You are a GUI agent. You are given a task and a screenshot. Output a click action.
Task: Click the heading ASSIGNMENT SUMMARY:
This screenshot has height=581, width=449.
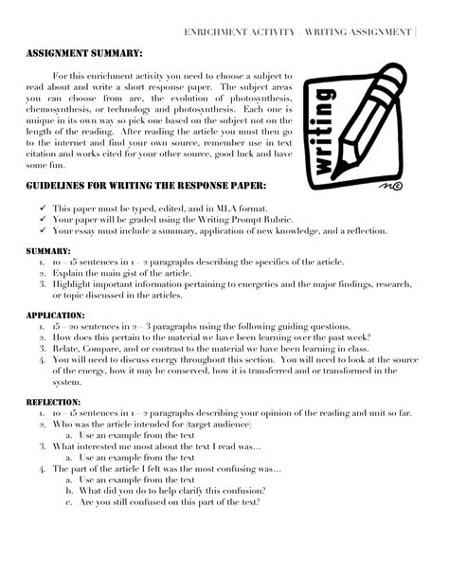tap(84, 55)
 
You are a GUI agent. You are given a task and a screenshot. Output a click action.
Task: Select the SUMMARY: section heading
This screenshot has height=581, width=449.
tap(48, 250)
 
